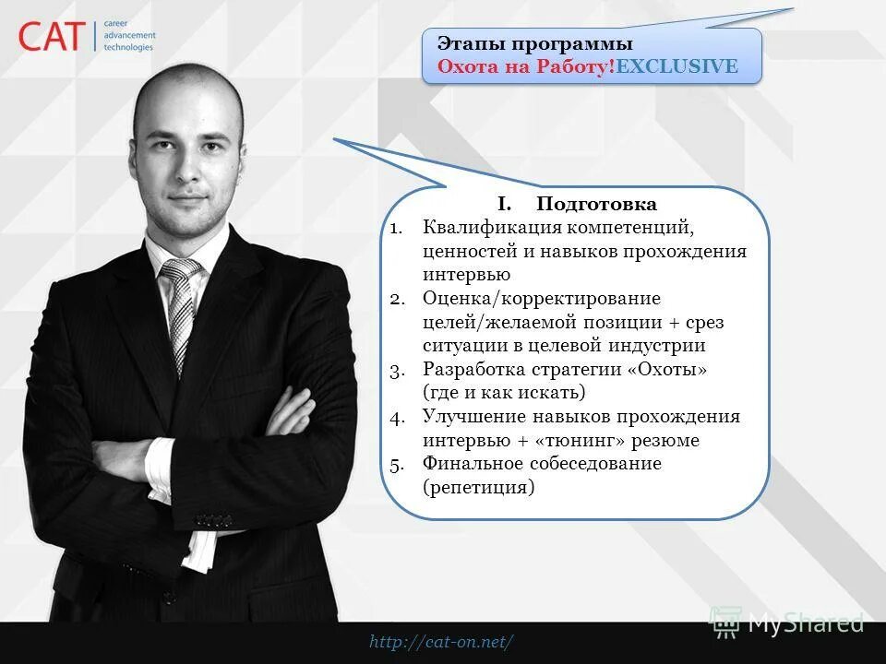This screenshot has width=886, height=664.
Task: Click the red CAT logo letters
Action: pos(52,37)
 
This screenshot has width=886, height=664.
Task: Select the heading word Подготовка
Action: pos(596,204)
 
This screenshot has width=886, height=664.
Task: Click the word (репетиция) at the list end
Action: pos(479,488)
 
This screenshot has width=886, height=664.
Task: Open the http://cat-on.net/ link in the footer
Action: pos(441,642)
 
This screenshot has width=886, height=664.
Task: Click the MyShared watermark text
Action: pos(805,622)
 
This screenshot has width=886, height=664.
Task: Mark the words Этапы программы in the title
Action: pos(534,44)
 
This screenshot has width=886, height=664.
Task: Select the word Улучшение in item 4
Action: pos(473,417)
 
